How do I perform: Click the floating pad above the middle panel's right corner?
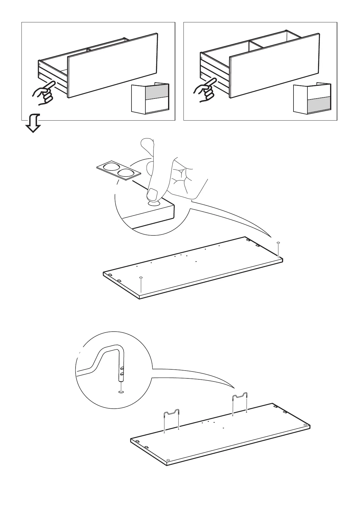(x=278, y=243)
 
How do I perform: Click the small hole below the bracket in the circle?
(x=121, y=392)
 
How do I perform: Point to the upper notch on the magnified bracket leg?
(x=122, y=368)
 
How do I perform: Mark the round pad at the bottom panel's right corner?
(x=305, y=425)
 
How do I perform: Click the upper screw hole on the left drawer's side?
(x=39, y=64)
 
